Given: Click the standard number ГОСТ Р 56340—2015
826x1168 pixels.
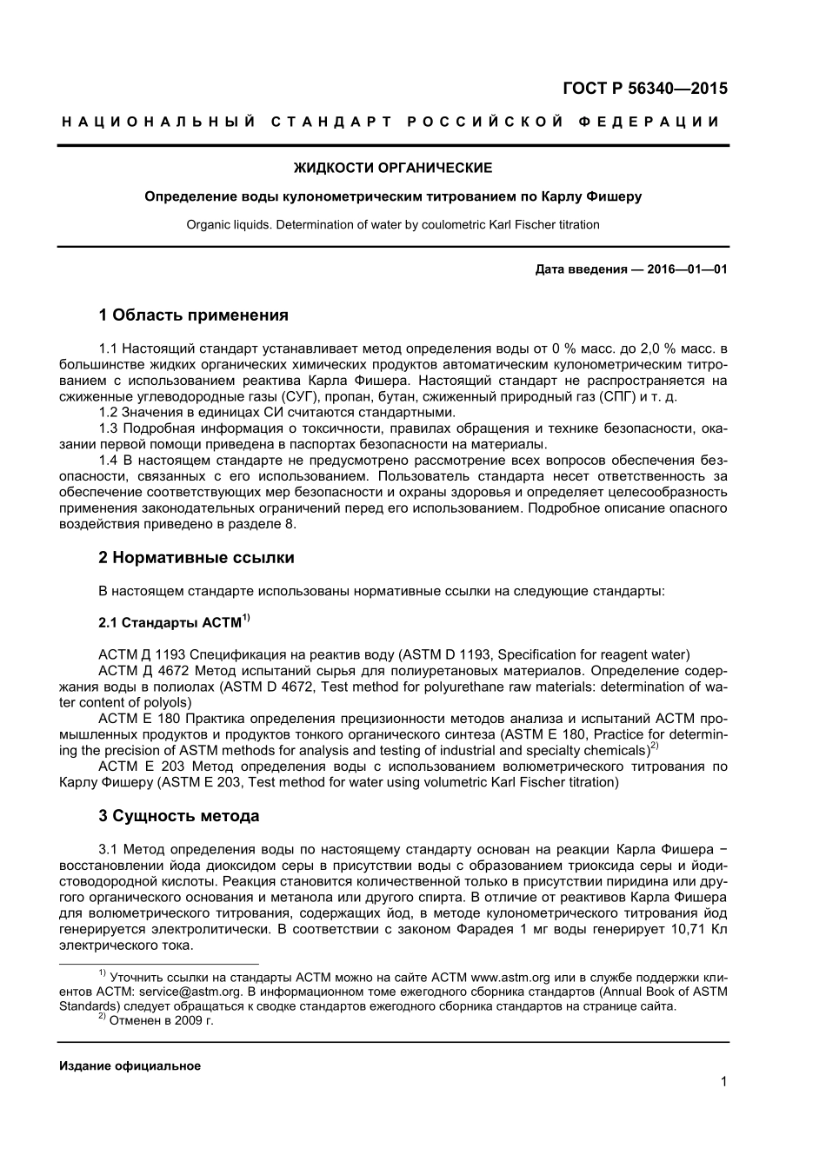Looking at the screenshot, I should tap(644, 88).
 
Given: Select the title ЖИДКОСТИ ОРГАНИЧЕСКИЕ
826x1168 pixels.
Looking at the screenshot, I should tap(392, 168).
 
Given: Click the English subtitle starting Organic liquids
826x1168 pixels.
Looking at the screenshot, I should tap(392, 224).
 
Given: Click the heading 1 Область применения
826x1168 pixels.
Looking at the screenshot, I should tap(193, 315).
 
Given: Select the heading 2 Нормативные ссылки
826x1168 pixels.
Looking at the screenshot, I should tap(197, 557).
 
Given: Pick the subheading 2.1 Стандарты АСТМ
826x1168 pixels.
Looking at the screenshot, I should tap(173, 622).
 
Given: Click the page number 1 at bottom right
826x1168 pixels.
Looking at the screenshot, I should tap(723, 1081).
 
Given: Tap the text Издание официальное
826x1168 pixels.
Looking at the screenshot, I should tap(130, 1065).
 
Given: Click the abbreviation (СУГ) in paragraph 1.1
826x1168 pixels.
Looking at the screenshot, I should tap(302, 396).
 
